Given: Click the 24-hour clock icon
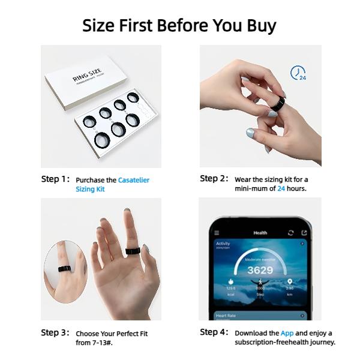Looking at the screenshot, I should [x=298, y=73].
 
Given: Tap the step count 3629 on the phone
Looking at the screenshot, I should [x=260, y=270].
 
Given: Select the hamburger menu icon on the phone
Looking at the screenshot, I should [x=217, y=233].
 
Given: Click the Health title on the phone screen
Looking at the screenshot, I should [x=260, y=233].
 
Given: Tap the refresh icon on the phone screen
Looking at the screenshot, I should [x=291, y=233].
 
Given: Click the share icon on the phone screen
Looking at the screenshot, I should [x=304, y=233].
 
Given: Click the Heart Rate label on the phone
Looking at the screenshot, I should [x=227, y=315].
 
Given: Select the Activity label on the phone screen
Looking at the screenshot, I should [x=223, y=244].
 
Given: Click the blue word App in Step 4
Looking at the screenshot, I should [x=287, y=333].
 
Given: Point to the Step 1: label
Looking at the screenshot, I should [x=55, y=179].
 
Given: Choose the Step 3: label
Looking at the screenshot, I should [x=55, y=332].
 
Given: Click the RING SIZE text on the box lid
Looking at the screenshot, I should [x=88, y=77].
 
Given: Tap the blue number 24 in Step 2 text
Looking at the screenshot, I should [x=281, y=188].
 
